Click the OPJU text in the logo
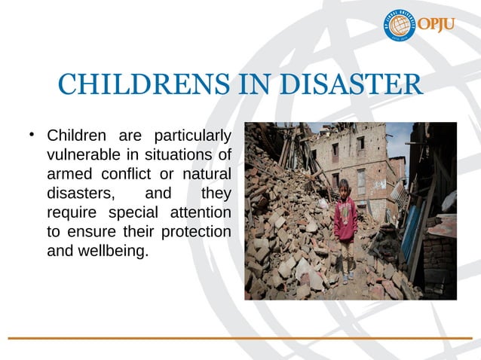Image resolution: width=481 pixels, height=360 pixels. coord(438,25)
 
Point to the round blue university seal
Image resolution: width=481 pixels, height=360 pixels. coord(400,26)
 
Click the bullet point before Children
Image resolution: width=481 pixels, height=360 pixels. coord(32,136)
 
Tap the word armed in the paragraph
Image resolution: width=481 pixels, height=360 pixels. coord(68,175)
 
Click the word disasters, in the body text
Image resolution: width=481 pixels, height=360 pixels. coord(78,194)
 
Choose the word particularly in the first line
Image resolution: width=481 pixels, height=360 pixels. coord(191,137)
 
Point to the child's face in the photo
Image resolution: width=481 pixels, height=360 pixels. coord(345,189)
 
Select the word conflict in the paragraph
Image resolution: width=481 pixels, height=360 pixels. coord(131,175)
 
